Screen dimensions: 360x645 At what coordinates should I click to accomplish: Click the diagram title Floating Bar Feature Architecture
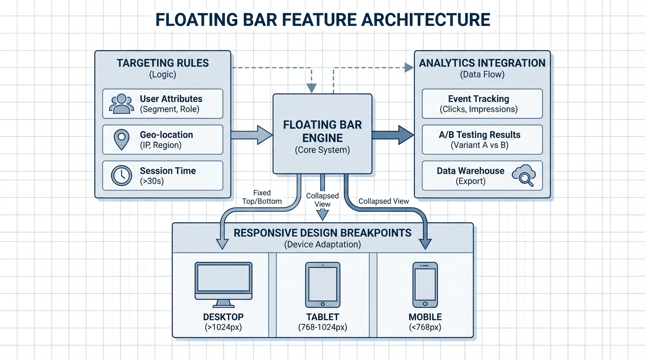point(322,20)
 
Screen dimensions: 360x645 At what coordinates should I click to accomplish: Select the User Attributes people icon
point(121,104)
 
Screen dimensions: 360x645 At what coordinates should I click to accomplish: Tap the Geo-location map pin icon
point(121,140)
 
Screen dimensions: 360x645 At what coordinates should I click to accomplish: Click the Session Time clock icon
point(121,176)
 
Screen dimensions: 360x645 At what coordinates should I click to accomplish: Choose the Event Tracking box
point(482,104)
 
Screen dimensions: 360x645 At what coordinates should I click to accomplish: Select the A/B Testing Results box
point(482,140)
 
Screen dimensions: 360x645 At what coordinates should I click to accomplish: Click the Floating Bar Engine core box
point(322,133)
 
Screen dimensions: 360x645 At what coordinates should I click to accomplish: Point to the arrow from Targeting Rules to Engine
point(252,135)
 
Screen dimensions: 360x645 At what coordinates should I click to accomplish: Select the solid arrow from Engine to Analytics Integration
point(393,135)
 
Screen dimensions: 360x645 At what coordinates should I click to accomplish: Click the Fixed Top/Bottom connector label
point(262,197)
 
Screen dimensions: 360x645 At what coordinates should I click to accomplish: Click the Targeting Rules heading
point(163,63)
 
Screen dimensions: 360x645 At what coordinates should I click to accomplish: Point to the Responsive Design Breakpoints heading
point(322,233)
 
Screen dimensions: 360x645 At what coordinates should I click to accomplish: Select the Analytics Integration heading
point(482,63)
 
